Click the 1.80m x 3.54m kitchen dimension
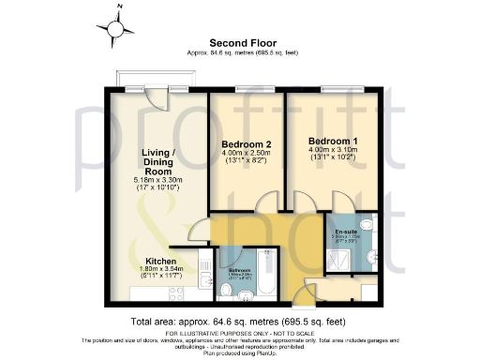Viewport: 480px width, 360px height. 163,272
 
